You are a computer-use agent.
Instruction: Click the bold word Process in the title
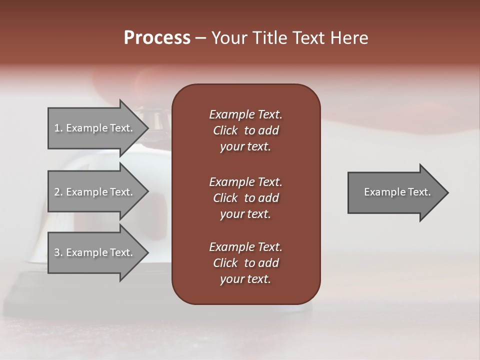point(157,38)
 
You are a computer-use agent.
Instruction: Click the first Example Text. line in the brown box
point(245,114)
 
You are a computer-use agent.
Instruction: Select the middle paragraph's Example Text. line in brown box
point(245,181)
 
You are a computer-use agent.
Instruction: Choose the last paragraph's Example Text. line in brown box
point(245,247)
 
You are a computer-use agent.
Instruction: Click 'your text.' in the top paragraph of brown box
point(245,147)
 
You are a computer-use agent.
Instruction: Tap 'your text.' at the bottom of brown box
point(245,279)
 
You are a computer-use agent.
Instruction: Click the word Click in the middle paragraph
point(225,198)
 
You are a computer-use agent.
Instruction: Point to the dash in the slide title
point(200,38)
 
